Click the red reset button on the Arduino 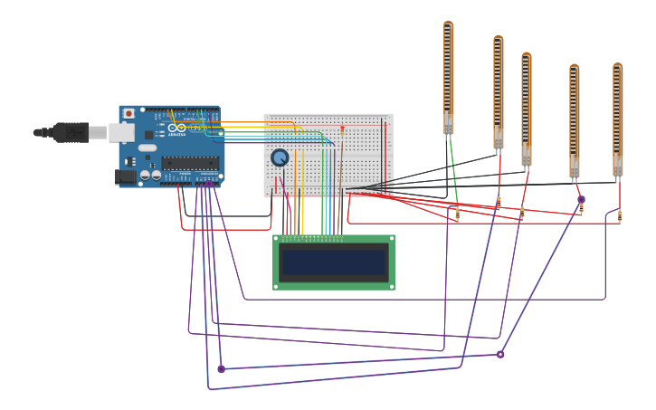tap(128, 113)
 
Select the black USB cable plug tap(71, 132)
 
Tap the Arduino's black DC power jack tap(126, 176)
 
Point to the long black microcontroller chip tap(190, 163)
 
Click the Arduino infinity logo tap(176, 128)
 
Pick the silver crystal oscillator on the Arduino tap(147, 148)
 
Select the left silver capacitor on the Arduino tap(145, 175)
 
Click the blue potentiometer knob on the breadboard tap(280, 157)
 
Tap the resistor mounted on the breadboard tap(342, 129)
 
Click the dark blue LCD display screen tap(333, 262)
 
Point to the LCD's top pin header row tap(312, 239)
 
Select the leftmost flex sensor tap(448, 77)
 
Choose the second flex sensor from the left tap(498, 91)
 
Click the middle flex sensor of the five tap(526, 109)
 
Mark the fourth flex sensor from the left tap(574, 119)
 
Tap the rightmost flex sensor tap(617, 118)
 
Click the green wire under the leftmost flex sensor tap(453, 172)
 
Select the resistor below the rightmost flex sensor tap(619, 215)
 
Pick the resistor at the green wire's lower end tap(457, 215)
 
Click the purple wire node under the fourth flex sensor tap(581, 199)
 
